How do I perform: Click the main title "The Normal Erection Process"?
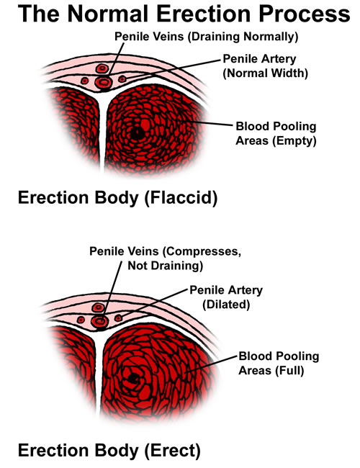pyautogui.click(x=184, y=14)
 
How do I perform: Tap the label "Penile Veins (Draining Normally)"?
pyautogui.click(x=206, y=37)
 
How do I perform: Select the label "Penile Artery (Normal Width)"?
pyautogui.click(x=266, y=66)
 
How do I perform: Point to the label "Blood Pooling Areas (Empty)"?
pyautogui.click(x=276, y=133)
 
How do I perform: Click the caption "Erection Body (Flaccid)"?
pyautogui.click(x=117, y=198)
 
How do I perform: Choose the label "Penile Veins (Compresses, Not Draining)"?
pyautogui.click(x=166, y=258)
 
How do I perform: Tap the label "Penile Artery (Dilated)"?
pyautogui.click(x=226, y=297)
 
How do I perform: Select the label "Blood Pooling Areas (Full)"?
pyautogui.click(x=279, y=363)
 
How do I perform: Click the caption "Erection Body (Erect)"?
pyautogui.click(x=109, y=451)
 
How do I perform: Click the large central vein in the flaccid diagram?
pyautogui.click(x=103, y=82)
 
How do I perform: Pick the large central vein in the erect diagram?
pyautogui.click(x=99, y=321)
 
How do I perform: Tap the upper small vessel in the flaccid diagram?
pyautogui.click(x=102, y=68)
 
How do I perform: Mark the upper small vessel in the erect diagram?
pyautogui.click(x=98, y=307)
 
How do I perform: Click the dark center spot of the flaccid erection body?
pyautogui.click(x=138, y=133)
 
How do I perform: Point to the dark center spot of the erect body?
pyautogui.click(x=133, y=378)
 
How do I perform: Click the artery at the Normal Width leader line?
pyautogui.click(x=122, y=79)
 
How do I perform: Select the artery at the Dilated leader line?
pyautogui.click(x=119, y=318)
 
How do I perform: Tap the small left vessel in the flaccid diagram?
pyautogui.click(x=85, y=81)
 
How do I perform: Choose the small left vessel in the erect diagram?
pyautogui.click(x=81, y=320)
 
